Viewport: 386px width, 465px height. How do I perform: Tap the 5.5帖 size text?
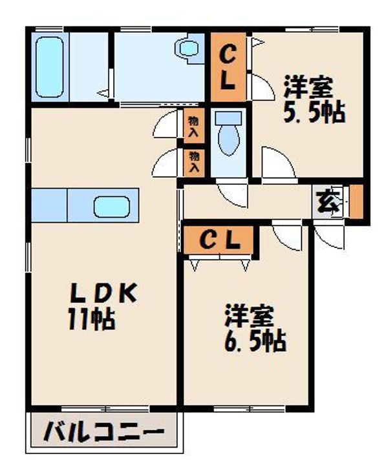313,112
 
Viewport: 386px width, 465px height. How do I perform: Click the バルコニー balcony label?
103,433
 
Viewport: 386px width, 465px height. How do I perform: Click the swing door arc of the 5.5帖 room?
277,163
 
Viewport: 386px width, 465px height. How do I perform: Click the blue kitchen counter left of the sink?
49,206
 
